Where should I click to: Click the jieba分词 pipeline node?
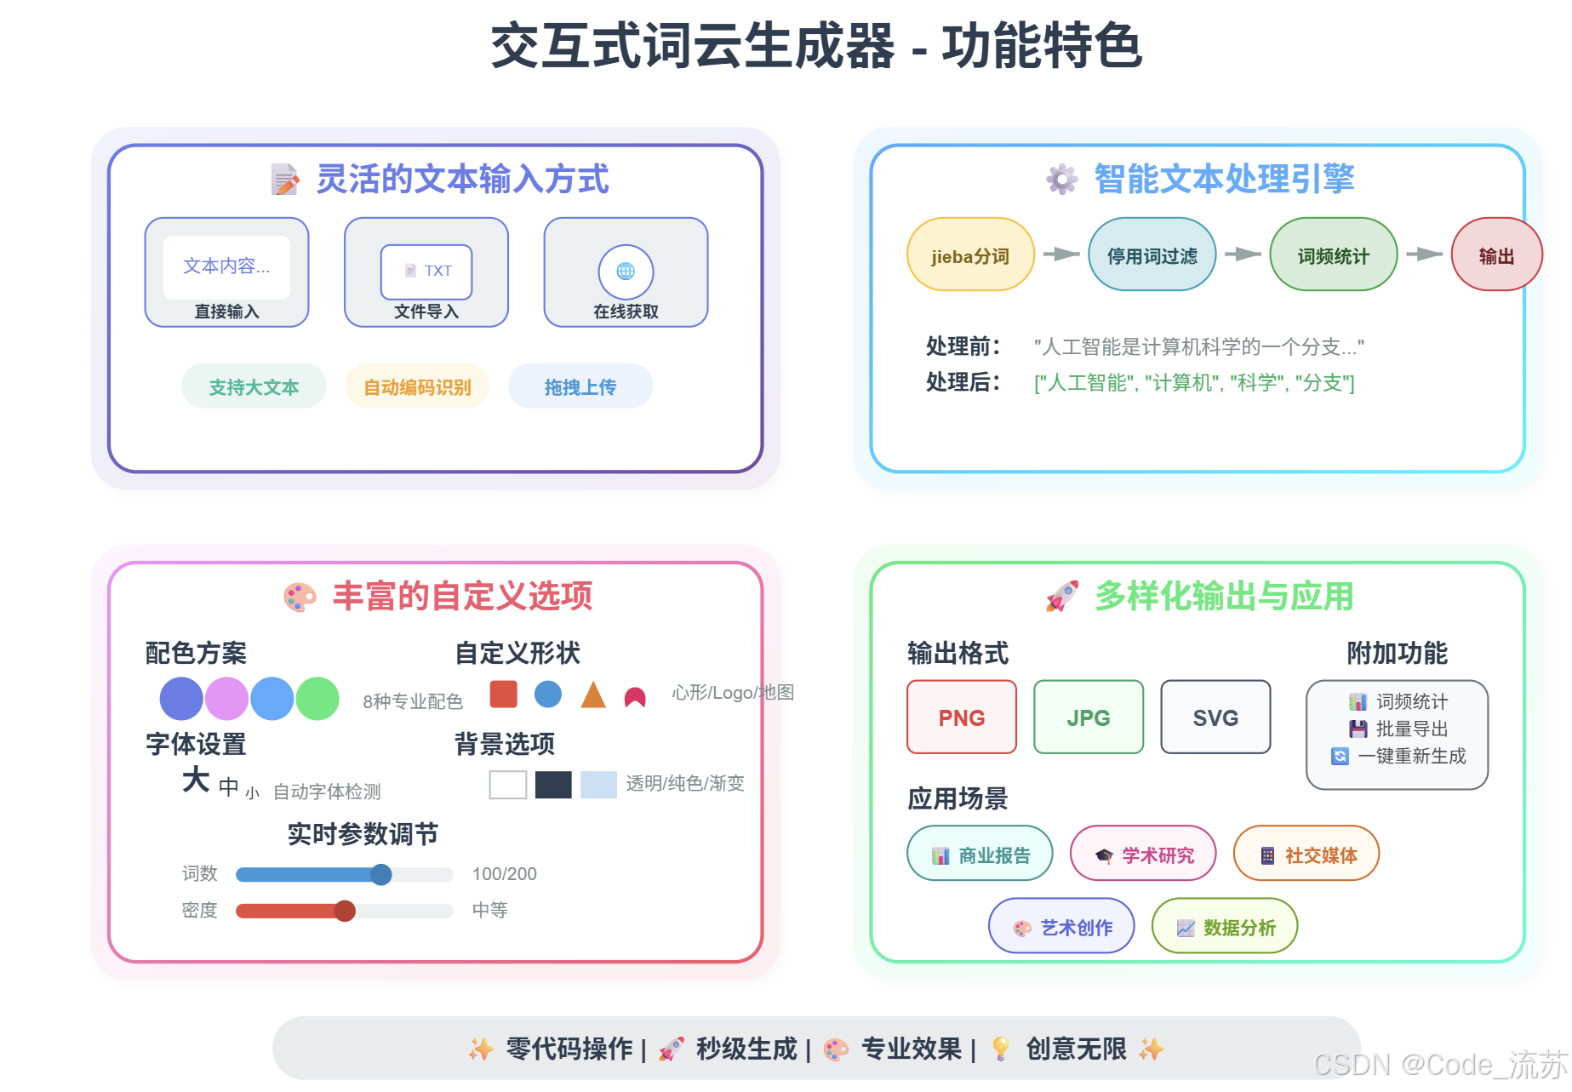970,255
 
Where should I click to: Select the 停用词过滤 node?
1152,255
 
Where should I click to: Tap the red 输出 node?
1496,255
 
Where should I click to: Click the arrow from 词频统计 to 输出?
1424,254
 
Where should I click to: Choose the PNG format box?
962,718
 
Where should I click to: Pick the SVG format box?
1215,718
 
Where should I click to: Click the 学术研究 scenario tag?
1143,855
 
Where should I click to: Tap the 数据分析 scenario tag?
1225,927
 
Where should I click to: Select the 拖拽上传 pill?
580,386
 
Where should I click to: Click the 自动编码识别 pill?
417,386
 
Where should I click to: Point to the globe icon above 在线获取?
626,272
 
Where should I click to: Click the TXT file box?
426,272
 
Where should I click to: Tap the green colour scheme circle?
317,699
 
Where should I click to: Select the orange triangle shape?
593,696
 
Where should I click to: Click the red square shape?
504,694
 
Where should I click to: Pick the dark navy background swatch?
553,784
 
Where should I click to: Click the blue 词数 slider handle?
381,874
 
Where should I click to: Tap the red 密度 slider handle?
345,911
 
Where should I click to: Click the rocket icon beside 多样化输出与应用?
1062,596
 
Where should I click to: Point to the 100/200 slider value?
505,874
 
